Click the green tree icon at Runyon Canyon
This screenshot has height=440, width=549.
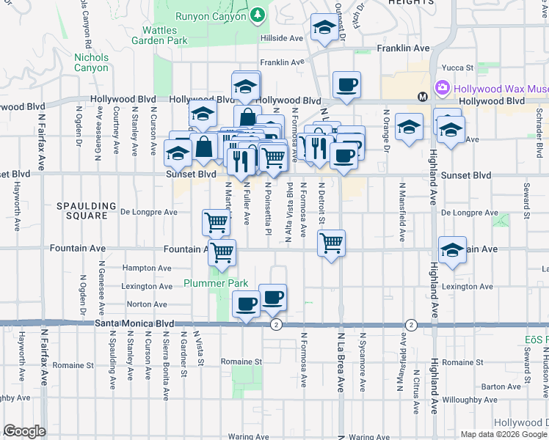click(257, 15)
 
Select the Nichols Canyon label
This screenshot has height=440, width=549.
click(92, 63)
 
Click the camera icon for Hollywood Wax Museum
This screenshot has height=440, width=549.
click(443, 89)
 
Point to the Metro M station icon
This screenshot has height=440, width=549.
click(422, 97)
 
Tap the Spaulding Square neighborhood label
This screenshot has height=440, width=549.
click(87, 212)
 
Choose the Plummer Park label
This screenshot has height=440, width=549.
click(216, 283)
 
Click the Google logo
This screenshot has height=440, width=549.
click(24, 431)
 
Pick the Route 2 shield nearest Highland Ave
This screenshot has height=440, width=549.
click(411, 324)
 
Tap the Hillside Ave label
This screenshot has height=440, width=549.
click(281, 38)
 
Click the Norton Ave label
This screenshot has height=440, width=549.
click(142, 304)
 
